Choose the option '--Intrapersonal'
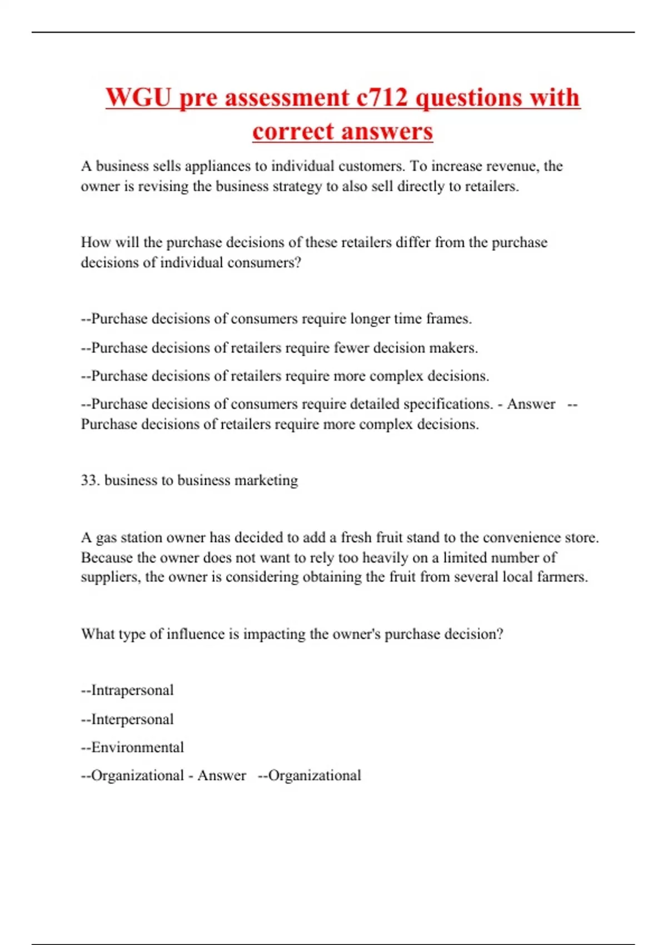127,690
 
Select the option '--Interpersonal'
127,719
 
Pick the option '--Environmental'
132,748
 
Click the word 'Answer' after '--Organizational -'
221,775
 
